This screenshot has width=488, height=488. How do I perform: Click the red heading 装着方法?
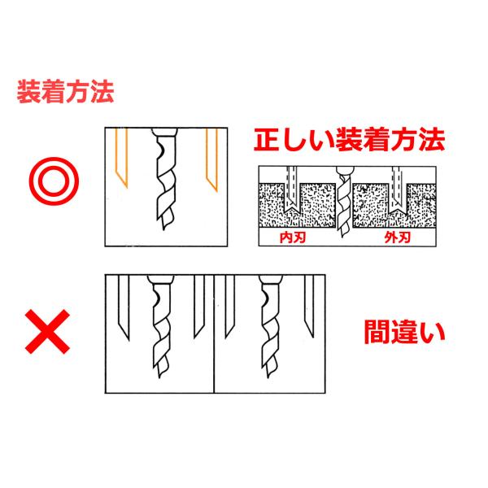[x=65, y=90]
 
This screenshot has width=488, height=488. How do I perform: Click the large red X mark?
[x=50, y=330]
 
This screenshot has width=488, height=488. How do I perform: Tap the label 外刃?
[x=396, y=240]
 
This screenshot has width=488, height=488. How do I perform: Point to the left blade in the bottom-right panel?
[x=229, y=309]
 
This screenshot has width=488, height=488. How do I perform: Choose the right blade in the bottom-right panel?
[x=307, y=309]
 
